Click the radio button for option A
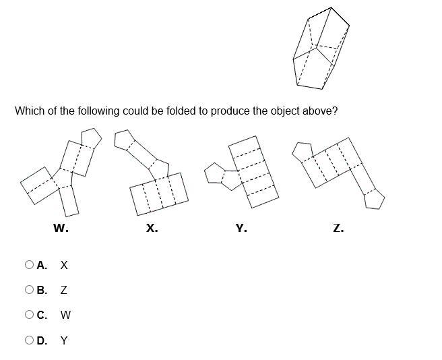point(29,265)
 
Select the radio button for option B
point(29,290)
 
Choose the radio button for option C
point(29,315)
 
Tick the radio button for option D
point(29,340)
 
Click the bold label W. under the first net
point(61,229)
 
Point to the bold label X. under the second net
point(152,229)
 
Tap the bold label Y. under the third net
point(241,229)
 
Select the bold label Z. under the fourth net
point(338,229)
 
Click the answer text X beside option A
point(64,265)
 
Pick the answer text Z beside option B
point(63,290)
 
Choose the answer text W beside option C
point(65,315)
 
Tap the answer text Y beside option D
point(64,340)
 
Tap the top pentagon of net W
point(90,138)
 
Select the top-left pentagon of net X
point(124,140)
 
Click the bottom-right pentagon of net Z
point(374,200)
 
